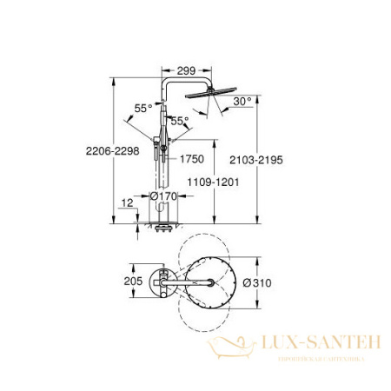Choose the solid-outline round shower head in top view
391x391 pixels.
[x=208, y=283]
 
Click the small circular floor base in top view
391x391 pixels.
[x=162, y=282]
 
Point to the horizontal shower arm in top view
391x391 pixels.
[x=187, y=282]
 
